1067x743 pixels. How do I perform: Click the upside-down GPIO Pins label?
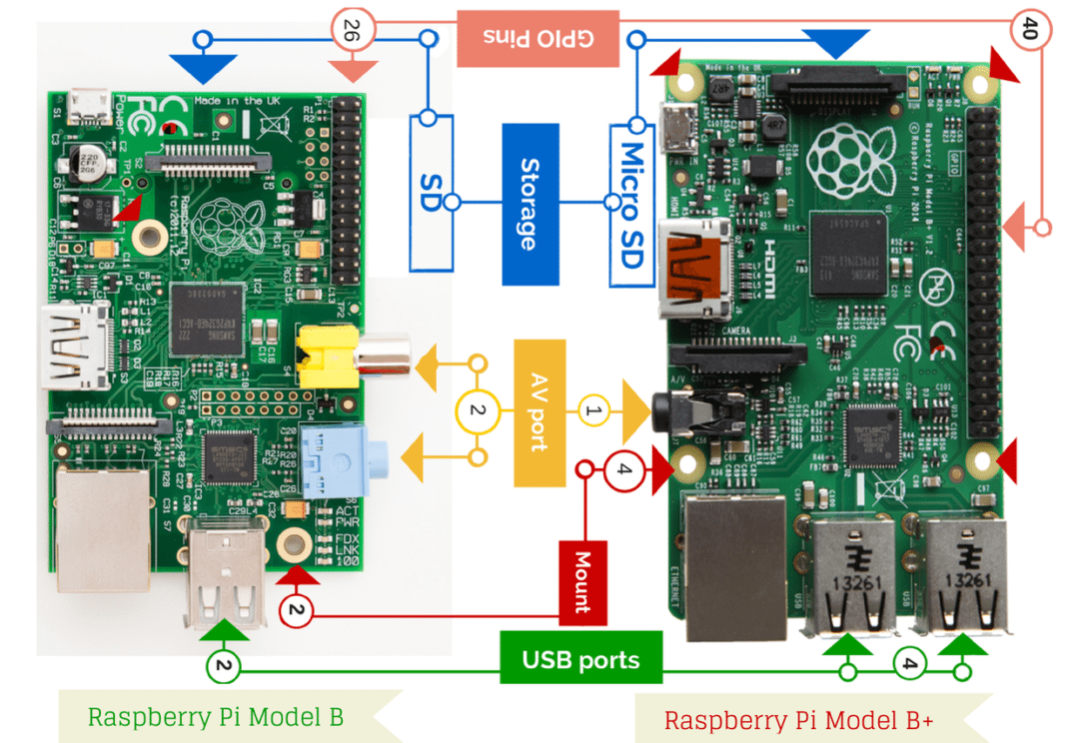click(x=537, y=38)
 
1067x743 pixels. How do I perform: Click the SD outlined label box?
click(x=431, y=192)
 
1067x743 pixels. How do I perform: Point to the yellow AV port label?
click(x=539, y=412)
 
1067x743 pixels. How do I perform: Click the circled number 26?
click(x=352, y=32)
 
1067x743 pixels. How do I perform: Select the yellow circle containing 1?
click(x=593, y=409)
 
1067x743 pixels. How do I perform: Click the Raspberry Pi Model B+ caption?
click(x=798, y=719)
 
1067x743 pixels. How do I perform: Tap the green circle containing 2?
click(x=224, y=666)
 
